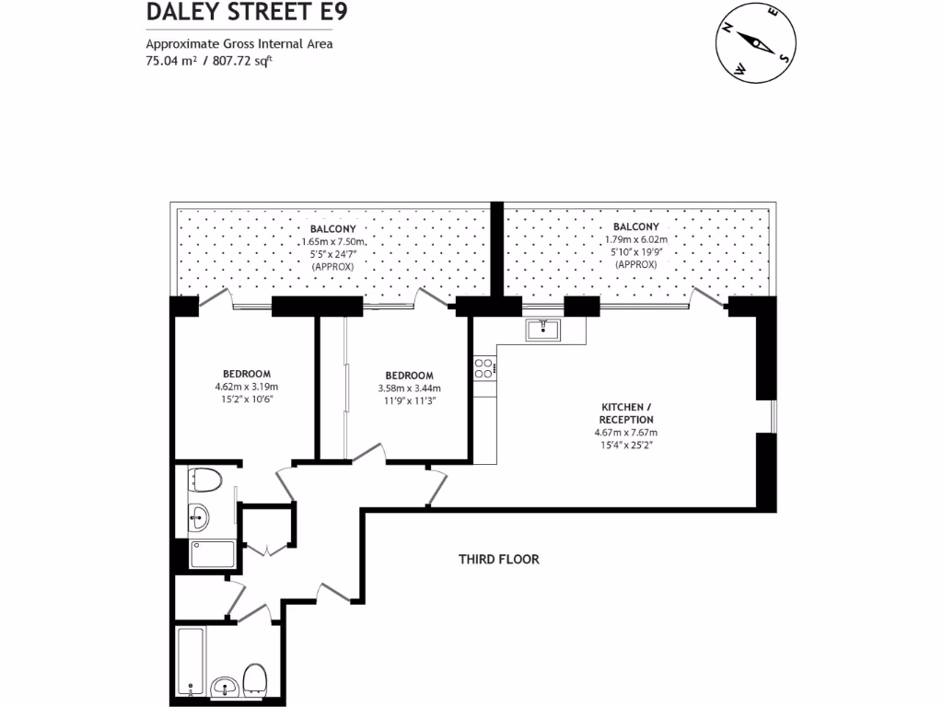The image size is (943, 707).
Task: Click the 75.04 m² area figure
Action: coord(171,62)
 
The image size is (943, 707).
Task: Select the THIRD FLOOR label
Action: coord(499,559)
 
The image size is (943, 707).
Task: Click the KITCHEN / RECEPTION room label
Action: coord(629,412)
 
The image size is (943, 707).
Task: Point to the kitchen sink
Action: coord(544,330)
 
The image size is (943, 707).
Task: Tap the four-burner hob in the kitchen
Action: coord(484,368)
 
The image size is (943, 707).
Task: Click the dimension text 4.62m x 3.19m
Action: coord(246,387)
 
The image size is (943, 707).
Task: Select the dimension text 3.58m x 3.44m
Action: coord(409,388)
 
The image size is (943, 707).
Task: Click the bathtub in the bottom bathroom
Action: coord(192,662)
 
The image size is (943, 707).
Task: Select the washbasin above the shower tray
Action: coord(199,516)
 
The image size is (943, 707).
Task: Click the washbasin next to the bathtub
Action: coord(224,687)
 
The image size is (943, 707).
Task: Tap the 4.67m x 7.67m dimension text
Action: coord(629,433)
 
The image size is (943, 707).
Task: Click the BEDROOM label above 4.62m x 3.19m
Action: coord(246,373)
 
